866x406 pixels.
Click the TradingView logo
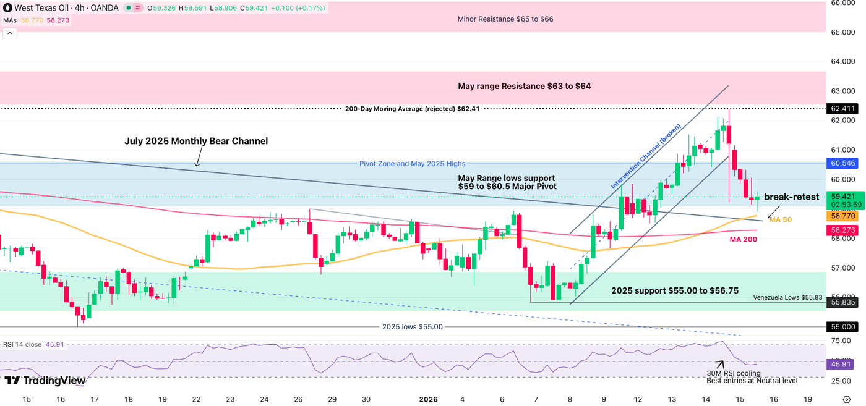45,381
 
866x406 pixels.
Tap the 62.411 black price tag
842,108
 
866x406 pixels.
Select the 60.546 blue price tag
842,163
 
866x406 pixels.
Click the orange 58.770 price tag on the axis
842,216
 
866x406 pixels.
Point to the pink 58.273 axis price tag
842,230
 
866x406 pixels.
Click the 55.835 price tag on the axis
842,302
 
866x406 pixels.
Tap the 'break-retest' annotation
791,197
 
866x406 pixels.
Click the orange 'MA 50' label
780,219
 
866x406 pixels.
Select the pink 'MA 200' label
744,239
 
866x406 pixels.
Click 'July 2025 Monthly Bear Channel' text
196,141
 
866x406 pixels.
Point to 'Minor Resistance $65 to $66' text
505,19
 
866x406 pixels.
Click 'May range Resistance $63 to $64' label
524,86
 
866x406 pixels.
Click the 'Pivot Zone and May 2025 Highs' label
412,164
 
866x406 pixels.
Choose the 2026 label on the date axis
428,399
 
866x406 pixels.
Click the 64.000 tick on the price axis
842,62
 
